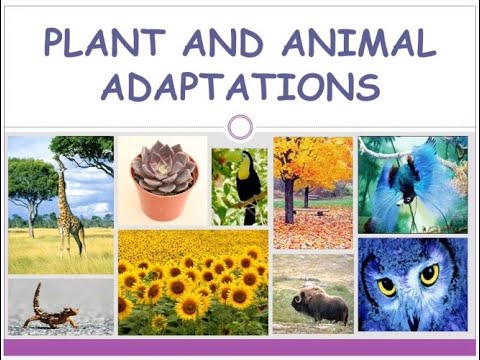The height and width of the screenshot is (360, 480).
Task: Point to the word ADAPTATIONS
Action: (240, 87)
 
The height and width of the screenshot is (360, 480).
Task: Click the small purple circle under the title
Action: (239, 127)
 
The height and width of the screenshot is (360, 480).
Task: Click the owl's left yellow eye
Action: (386, 286)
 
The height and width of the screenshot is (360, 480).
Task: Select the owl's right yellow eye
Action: (429, 274)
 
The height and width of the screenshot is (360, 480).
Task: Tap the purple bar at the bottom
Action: (240, 347)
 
